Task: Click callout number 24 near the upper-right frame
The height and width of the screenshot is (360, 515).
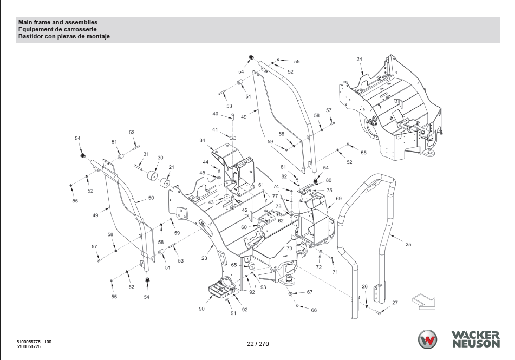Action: [360, 59]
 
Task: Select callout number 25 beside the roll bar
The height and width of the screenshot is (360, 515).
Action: [408, 244]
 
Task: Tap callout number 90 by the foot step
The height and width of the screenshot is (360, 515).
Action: [201, 309]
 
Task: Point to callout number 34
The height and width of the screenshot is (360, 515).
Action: [203, 141]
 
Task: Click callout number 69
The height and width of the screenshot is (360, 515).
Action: [338, 198]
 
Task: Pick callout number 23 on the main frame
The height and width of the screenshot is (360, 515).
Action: [204, 258]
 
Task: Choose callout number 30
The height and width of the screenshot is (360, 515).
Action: [160, 158]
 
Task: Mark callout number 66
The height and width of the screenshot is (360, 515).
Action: [314, 310]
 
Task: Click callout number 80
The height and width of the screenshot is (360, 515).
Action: [329, 180]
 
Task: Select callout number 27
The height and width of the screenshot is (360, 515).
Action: [395, 303]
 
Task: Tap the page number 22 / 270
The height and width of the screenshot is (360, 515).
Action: [258, 344]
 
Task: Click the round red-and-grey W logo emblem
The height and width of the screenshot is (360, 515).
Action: [427, 339]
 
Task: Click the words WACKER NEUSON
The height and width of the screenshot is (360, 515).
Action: [476, 339]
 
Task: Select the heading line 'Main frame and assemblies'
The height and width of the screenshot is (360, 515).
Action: [58, 22]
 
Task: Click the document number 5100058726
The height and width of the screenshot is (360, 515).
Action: [29, 346]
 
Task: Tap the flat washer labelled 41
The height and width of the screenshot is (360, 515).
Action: [233, 137]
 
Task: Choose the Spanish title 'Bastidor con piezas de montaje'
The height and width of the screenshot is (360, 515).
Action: [64, 36]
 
